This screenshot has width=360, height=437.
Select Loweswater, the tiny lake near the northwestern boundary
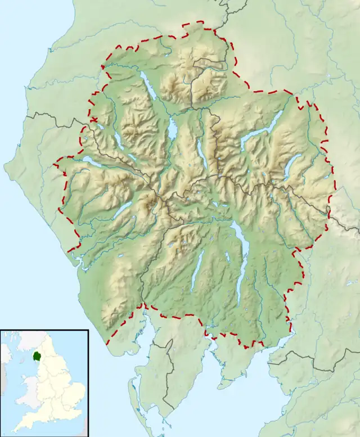coord(100,127)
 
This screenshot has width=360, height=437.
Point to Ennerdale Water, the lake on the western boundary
coord(90,163)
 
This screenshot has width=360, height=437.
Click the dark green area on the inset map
coord(38,357)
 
